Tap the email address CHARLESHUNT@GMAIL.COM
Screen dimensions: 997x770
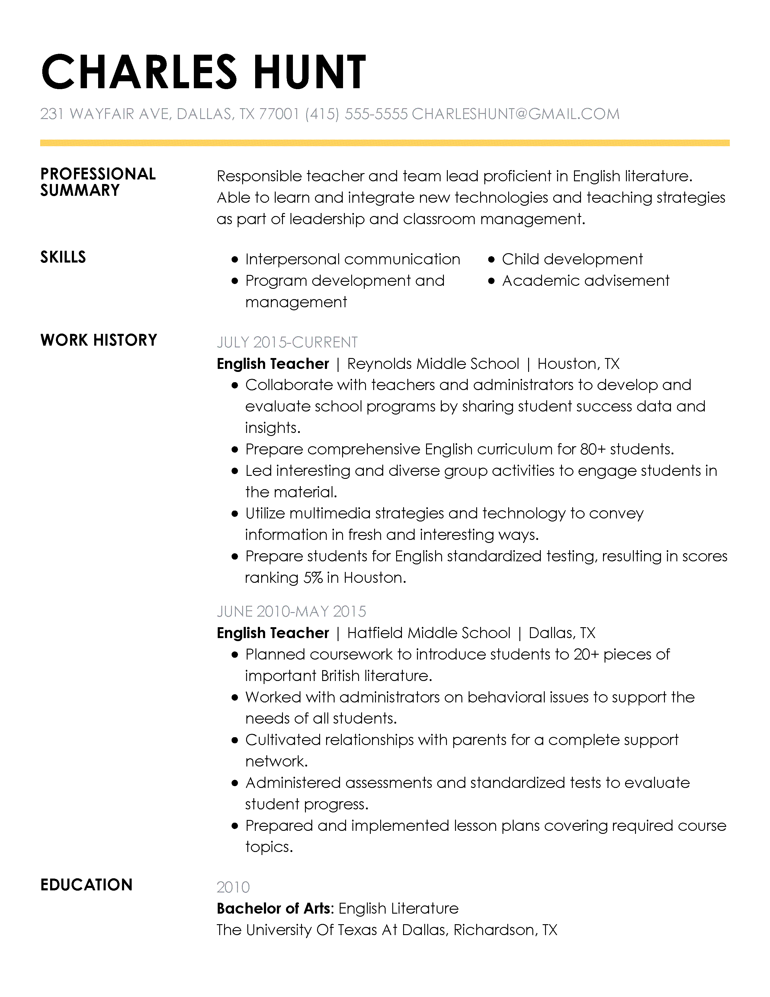tap(515, 114)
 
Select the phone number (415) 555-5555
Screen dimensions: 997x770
tap(356, 114)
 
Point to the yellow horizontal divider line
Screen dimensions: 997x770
tap(384, 143)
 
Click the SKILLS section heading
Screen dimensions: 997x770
tap(63, 257)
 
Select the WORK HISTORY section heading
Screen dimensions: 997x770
tap(98, 340)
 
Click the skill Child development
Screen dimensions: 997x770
tap(572, 259)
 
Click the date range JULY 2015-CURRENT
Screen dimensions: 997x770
tap(287, 342)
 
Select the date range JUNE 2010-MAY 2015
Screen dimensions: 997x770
tap(291, 612)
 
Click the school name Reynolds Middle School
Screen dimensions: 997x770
tap(433, 364)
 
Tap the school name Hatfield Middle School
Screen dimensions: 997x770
tap(428, 633)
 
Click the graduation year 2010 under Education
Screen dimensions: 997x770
tap(233, 887)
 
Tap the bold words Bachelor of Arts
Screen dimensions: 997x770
tap(273, 909)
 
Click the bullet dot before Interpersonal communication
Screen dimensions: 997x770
tap(235, 260)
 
